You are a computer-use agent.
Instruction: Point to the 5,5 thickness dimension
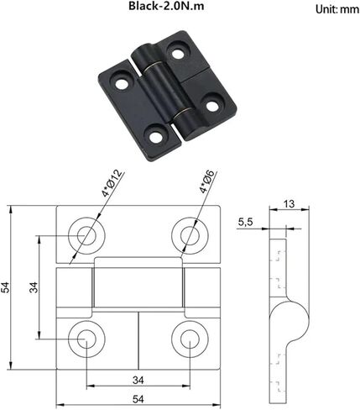[247, 222]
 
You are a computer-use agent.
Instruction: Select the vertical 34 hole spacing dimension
[33, 287]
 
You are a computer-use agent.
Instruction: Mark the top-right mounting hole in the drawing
[187, 236]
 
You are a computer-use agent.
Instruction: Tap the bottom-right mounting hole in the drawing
[187, 337]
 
